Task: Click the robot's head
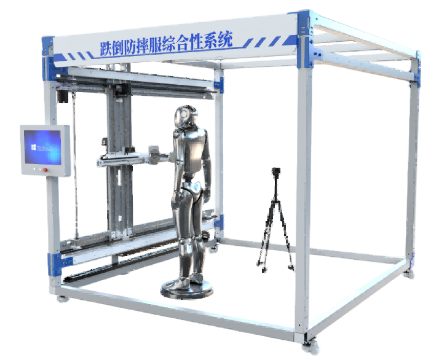(x=186, y=117)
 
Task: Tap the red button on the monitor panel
(x=45, y=170)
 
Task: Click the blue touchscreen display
(x=43, y=147)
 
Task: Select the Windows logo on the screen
(x=34, y=147)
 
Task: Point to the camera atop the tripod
(x=276, y=172)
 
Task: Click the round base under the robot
(x=187, y=289)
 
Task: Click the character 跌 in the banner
(x=106, y=49)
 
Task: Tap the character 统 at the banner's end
(x=225, y=40)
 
